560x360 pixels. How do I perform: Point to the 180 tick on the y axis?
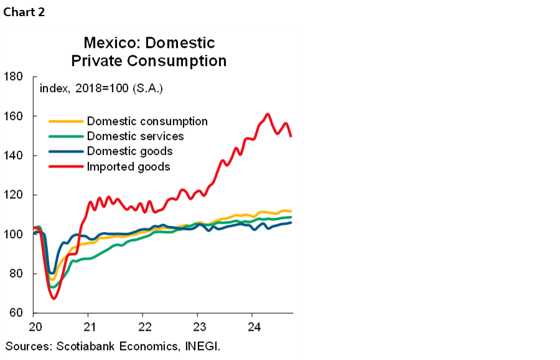[13, 77]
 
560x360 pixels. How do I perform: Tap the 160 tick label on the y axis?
[13, 116]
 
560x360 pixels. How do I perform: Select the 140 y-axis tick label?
[13, 155]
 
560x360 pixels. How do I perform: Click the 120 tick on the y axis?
[13, 195]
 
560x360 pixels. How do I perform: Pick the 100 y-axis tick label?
[13, 234]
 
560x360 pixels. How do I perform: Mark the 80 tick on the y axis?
[16, 274]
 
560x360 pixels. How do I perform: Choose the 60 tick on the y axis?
[16, 313]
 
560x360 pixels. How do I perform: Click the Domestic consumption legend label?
[147, 121]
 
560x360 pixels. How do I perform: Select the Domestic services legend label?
[136, 136]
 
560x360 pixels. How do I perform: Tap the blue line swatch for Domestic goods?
[66, 151]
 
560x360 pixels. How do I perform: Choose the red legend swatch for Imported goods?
[66, 166]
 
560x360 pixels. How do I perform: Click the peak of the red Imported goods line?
[268, 114]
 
